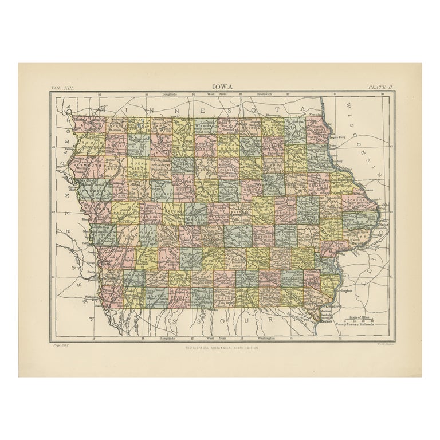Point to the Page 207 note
tap(60, 346)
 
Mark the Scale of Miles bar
tap(365, 321)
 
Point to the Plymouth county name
tap(86, 162)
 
